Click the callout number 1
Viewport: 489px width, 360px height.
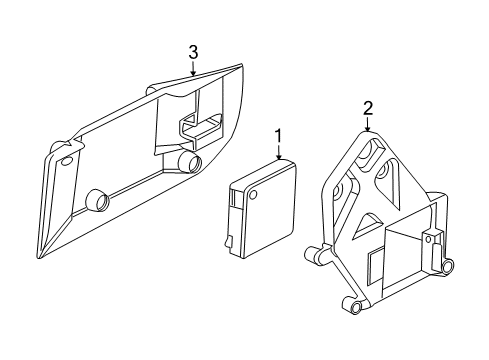[x=279, y=135]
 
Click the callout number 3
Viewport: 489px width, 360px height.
[x=194, y=51]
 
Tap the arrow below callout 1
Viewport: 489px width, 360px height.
[x=279, y=152]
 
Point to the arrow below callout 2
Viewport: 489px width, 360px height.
[x=367, y=126]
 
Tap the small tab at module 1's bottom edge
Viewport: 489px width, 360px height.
[x=230, y=241]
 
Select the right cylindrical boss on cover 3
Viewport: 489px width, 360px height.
[x=187, y=160]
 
